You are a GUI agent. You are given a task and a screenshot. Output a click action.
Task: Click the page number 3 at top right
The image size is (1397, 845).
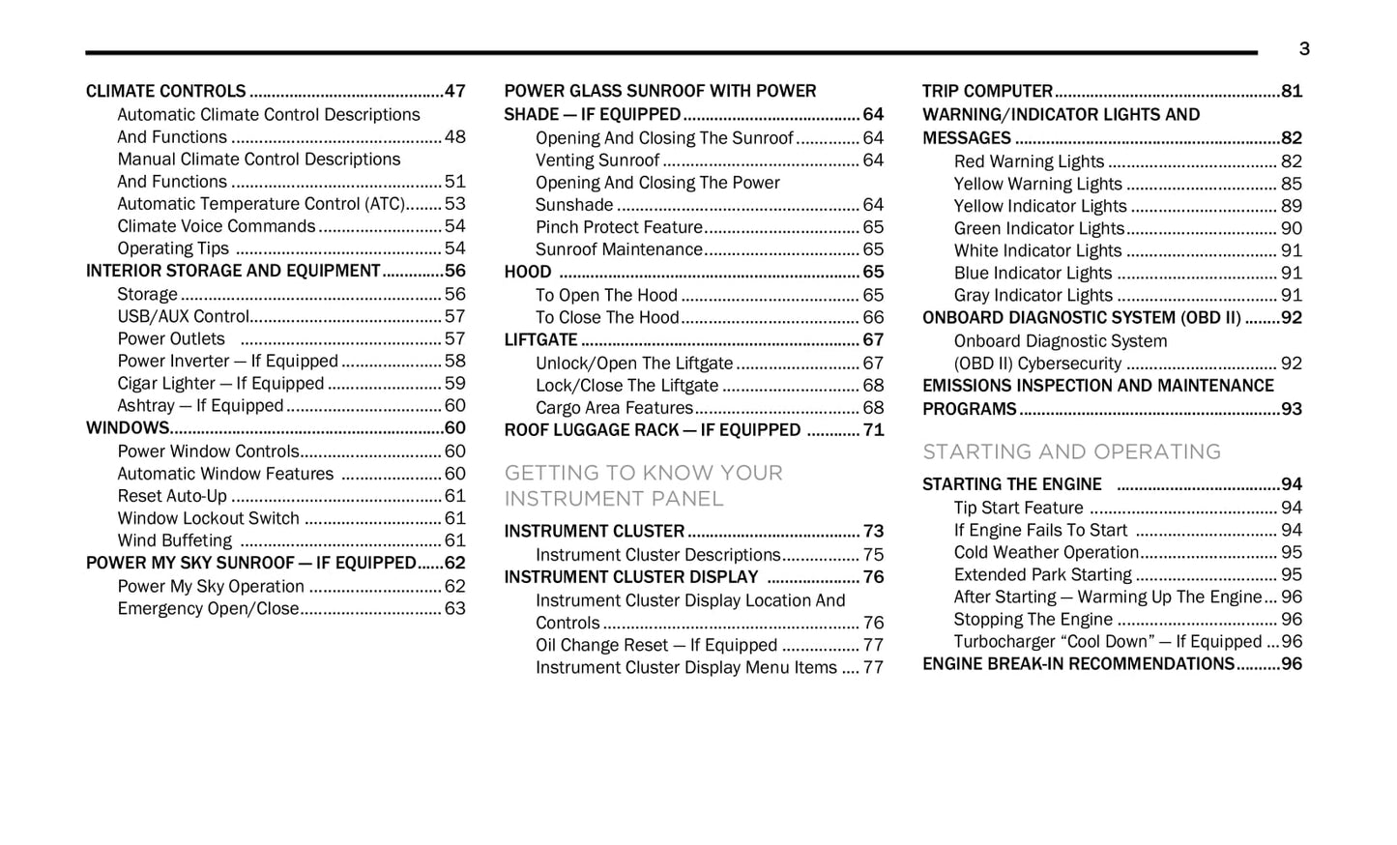point(1303,49)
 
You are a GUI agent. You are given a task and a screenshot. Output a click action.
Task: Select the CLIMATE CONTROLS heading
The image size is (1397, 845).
point(165,92)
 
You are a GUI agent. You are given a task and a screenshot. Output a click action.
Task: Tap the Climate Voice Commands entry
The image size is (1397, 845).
point(217,226)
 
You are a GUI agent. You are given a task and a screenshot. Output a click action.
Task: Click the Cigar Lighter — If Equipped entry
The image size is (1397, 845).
point(220,384)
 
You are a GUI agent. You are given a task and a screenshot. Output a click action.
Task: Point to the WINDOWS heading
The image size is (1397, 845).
point(128,428)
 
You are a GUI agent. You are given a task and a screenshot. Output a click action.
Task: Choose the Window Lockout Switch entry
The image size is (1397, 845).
point(208,518)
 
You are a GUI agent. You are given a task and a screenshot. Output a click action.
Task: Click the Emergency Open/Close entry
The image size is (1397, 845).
point(208,609)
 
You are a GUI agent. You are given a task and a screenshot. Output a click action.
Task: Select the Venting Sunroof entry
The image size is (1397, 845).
point(597,160)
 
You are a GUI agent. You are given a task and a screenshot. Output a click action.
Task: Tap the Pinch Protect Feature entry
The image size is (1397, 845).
point(619,227)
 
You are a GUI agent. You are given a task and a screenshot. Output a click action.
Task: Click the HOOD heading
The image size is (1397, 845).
point(528,273)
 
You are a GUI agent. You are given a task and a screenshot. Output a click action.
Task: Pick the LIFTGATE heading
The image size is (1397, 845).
point(540,340)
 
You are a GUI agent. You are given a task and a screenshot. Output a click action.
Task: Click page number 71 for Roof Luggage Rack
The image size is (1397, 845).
point(873,430)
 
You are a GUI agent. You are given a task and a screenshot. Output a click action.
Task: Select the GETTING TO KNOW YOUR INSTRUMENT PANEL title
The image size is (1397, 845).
point(643,485)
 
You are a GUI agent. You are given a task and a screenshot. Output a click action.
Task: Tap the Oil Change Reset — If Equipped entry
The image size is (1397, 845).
point(656,646)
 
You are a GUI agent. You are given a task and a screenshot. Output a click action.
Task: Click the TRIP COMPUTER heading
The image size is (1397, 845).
point(987,92)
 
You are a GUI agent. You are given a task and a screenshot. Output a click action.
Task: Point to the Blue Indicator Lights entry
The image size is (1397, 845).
point(1033,274)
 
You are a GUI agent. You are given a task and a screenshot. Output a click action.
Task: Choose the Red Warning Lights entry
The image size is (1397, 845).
point(1029,161)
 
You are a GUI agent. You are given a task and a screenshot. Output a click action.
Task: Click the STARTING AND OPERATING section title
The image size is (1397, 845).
point(1071,452)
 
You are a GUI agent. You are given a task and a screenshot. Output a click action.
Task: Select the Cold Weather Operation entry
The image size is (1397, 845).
point(1046,553)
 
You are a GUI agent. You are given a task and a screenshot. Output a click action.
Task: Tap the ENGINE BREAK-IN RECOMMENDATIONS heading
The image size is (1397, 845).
point(1078,664)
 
